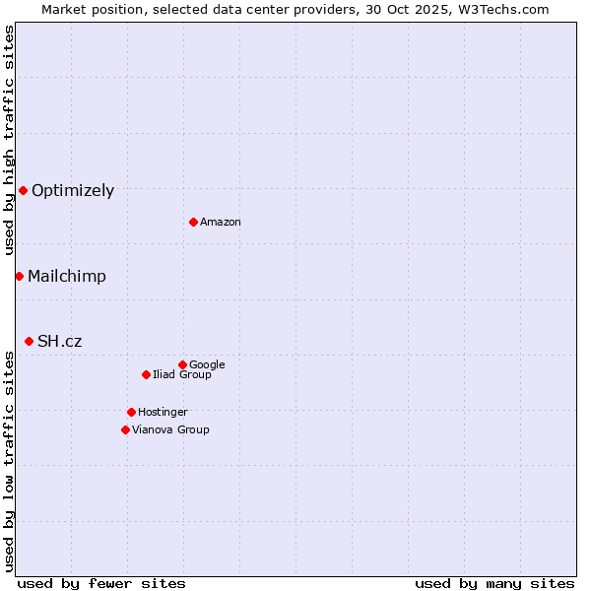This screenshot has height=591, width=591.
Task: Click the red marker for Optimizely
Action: click(23, 190)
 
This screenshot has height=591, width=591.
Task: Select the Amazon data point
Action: click(193, 222)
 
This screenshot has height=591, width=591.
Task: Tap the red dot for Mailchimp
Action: click(19, 276)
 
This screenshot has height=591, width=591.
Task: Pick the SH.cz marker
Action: click(29, 341)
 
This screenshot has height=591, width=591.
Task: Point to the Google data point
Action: click(182, 364)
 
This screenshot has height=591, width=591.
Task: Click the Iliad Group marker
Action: click(146, 374)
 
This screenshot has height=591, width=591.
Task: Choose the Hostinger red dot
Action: click(131, 412)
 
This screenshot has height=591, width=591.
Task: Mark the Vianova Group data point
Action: click(125, 429)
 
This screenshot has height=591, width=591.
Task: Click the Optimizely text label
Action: click(73, 191)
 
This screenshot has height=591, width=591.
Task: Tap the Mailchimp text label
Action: click(67, 277)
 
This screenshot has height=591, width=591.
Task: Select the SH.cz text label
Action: click(60, 342)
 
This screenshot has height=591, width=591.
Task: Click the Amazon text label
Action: click(221, 223)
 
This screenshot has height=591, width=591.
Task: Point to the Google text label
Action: click(207, 365)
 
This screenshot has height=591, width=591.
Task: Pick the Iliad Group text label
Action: click(182, 375)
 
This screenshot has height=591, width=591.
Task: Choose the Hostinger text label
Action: click(163, 413)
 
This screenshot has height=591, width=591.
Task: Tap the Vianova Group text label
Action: click(170, 430)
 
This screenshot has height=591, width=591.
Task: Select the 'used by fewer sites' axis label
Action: click(101, 583)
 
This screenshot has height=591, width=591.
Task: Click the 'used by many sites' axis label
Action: click(494, 583)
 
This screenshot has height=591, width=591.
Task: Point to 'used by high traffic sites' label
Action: click(10, 140)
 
